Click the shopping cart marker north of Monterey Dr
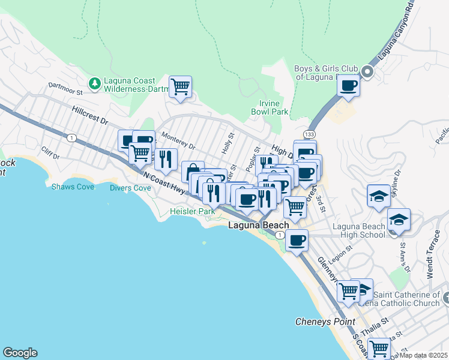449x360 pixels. point(180,87)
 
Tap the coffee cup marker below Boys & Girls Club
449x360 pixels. point(348,85)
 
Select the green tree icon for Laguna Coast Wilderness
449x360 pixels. point(94,83)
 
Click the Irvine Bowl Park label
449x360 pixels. point(270,107)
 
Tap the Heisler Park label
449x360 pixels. point(192,212)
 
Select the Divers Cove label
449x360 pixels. point(130,188)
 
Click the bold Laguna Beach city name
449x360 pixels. point(258,225)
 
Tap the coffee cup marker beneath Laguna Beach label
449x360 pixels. point(297,241)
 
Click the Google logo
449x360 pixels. point(20,353)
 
